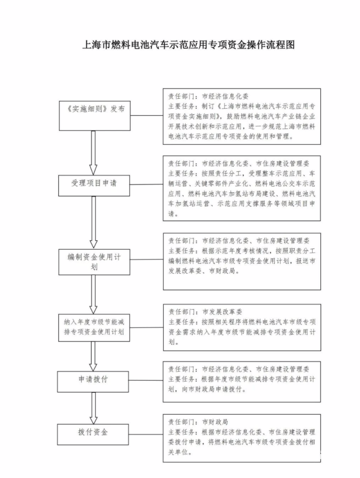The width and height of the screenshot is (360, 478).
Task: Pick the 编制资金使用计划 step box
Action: click(94, 262)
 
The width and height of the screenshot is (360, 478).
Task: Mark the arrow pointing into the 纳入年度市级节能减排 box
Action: click(94, 294)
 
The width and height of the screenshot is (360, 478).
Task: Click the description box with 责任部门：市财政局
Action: click(242, 437)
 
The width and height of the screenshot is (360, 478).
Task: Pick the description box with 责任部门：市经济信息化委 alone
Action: click(242, 116)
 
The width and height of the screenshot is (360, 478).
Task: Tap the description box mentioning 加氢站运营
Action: click(242, 188)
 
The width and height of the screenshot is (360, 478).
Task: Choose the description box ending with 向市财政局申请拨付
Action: click(242, 381)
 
